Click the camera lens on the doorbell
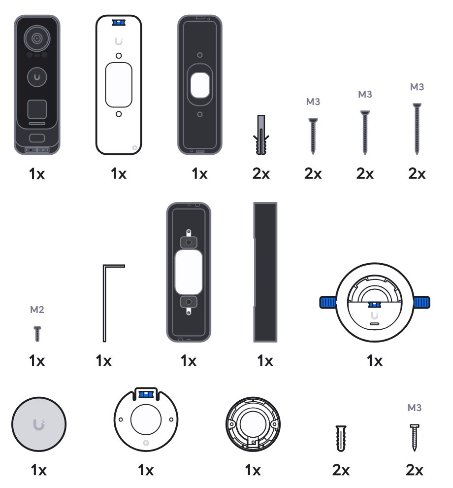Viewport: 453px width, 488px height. (x=37, y=38)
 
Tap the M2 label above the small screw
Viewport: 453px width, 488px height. (x=37, y=310)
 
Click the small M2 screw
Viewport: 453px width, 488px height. (x=37, y=334)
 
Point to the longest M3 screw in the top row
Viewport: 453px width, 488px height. (x=417, y=129)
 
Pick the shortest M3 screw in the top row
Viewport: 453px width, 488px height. (x=313, y=136)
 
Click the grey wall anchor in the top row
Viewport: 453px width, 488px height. (x=261, y=135)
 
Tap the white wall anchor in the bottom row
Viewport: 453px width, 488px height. (x=341, y=438)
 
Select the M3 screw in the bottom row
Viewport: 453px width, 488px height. (x=415, y=437)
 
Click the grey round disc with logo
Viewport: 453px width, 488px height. (x=39, y=424)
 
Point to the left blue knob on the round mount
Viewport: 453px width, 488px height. (x=328, y=302)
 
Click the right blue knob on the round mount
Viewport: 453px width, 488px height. (x=421, y=302)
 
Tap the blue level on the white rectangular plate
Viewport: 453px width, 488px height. (x=119, y=23)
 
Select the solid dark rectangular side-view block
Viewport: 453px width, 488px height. (x=265, y=272)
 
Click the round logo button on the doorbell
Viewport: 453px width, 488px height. (x=37, y=77)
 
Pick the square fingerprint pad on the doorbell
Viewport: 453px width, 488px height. (x=37, y=109)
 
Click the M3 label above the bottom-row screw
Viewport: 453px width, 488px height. (x=415, y=408)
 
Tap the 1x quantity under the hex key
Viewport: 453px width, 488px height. (x=103, y=361)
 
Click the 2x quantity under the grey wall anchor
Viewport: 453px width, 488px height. (x=261, y=174)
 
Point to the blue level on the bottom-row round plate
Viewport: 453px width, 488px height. (x=146, y=395)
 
